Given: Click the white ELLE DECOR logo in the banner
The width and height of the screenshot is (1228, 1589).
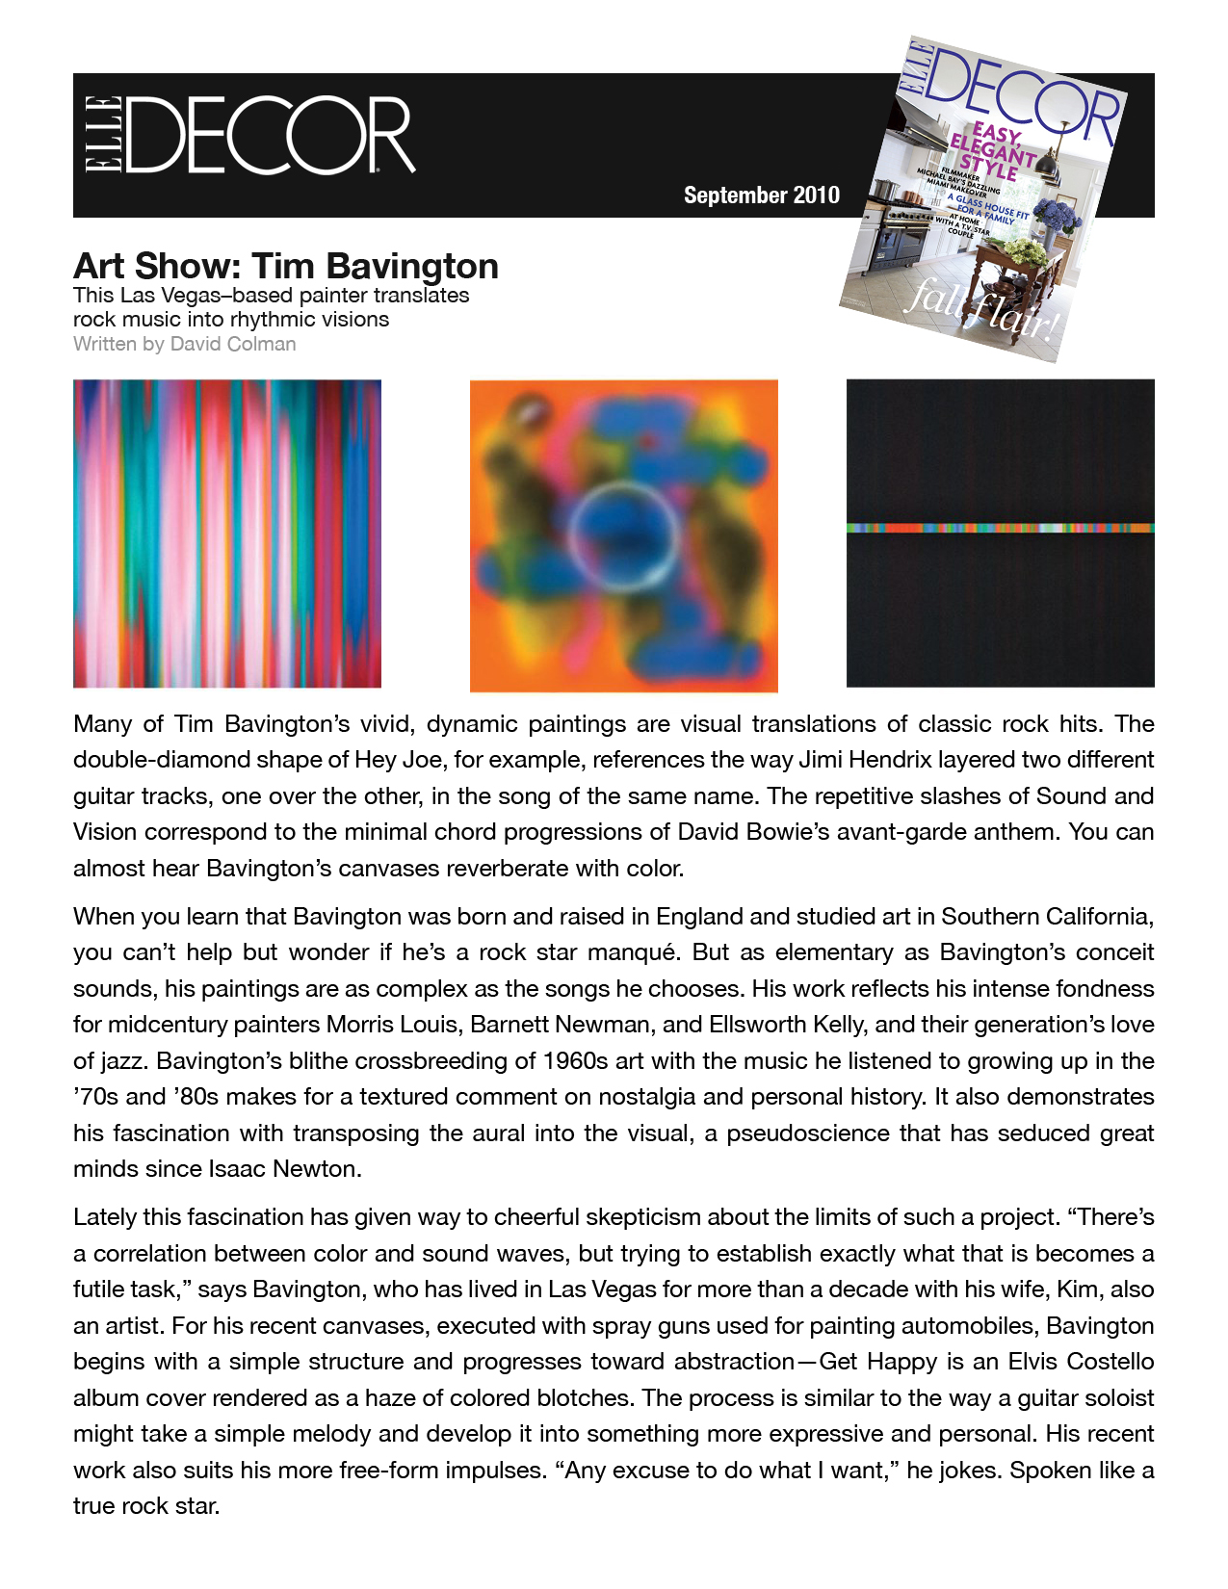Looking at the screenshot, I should click(248, 135).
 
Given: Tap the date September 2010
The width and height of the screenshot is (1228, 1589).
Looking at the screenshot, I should click(761, 195).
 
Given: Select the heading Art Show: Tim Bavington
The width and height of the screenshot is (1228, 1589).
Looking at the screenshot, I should click(286, 266).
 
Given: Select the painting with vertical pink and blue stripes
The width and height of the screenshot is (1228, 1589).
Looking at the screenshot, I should click(227, 533).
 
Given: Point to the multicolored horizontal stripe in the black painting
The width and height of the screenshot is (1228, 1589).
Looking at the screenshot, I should click(1000, 528).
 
